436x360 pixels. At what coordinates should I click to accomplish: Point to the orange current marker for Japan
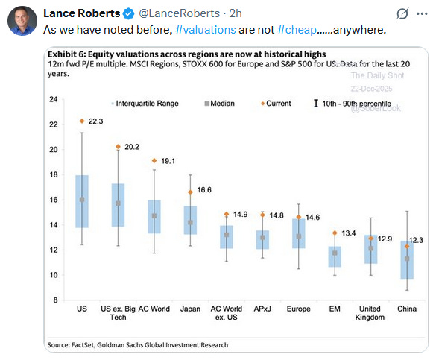click(190, 192)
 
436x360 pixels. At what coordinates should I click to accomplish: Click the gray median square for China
click(406, 259)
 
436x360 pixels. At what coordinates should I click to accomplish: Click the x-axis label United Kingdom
click(370, 312)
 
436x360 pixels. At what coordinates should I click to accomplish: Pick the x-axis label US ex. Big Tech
click(118, 312)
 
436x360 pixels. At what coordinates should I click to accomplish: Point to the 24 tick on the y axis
click(53, 99)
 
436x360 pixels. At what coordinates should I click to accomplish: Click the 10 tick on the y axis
click(53, 275)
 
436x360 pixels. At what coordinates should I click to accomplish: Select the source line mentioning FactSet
click(138, 344)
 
